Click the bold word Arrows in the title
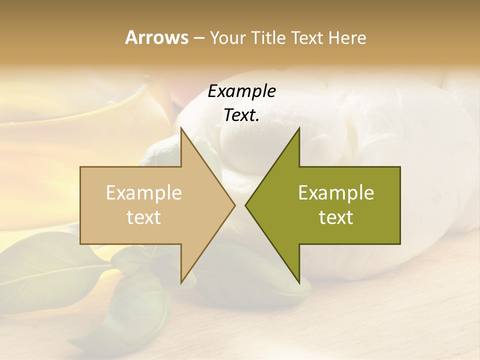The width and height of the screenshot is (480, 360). point(157,37)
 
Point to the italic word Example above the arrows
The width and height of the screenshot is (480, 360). point(241,91)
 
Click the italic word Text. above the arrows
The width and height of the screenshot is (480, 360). point(241,115)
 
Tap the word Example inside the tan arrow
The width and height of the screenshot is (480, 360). point(144,193)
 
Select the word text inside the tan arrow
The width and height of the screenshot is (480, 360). point(144,217)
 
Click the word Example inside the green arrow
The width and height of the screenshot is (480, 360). point(336,193)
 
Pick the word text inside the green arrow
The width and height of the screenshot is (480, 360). point(336,217)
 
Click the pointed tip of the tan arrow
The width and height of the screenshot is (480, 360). point(234,205)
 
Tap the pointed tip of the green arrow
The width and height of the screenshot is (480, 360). point(246,205)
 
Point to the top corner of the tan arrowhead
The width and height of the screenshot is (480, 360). point(181,128)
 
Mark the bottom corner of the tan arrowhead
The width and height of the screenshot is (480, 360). point(181,282)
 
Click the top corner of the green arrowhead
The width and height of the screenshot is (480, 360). point(299,128)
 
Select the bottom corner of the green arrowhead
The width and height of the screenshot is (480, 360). point(299,282)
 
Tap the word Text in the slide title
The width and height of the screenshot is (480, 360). point(307,38)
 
